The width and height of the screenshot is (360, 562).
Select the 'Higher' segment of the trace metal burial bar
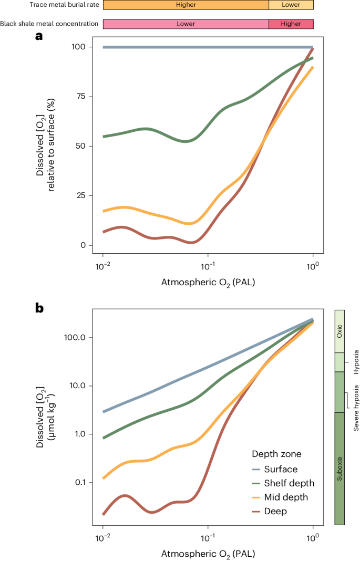point(186,5)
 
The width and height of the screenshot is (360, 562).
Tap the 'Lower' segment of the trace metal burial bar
point(291,5)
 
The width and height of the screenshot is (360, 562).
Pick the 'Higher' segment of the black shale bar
point(291,24)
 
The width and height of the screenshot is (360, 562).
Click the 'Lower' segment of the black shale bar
point(186,24)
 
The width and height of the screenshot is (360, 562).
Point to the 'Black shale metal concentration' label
point(49,24)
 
